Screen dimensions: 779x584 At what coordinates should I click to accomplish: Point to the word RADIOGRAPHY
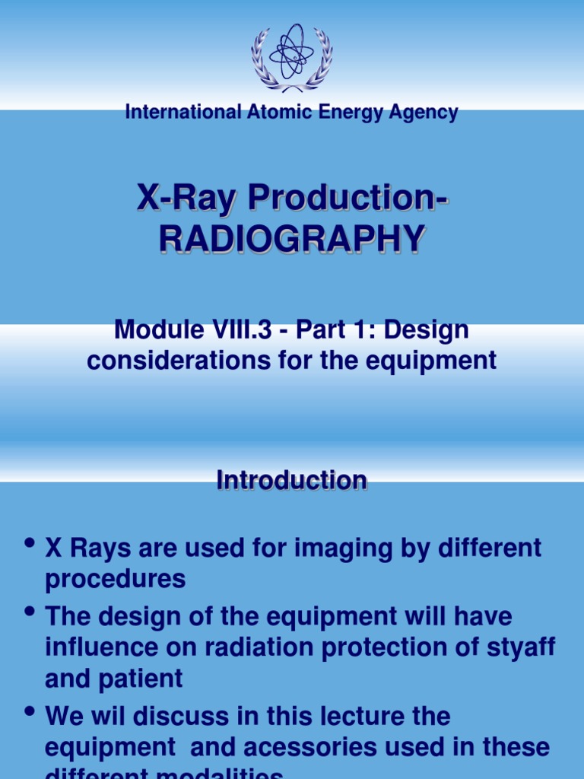(291, 238)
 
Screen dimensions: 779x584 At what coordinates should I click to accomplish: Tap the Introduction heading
(292, 480)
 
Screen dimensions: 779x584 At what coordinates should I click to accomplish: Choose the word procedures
(116, 578)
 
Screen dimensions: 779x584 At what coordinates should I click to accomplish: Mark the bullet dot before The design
(30, 611)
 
